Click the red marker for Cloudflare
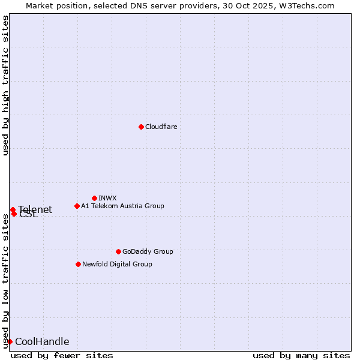[x=141, y=127]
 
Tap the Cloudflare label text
[x=161, y=127]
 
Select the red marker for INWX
[x=94, y=198]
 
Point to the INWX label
[x=107, y=198]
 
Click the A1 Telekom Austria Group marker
[x=77, y=206]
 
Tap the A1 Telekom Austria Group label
[x=122, y=206]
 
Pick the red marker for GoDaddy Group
[x=118, y=251]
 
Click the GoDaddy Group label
[x=147, y=251]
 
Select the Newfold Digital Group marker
[x=78, y=264]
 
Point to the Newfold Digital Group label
[x=117, y=264]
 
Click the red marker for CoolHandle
[x=10, y=341]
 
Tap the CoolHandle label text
[x=42, y=342]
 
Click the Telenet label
[x=35, y=209]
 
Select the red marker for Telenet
[x=13, y=209]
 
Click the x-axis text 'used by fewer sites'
[x=62, y=355]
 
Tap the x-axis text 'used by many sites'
[x=301, y=355]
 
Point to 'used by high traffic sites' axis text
[x=5, y=86]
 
